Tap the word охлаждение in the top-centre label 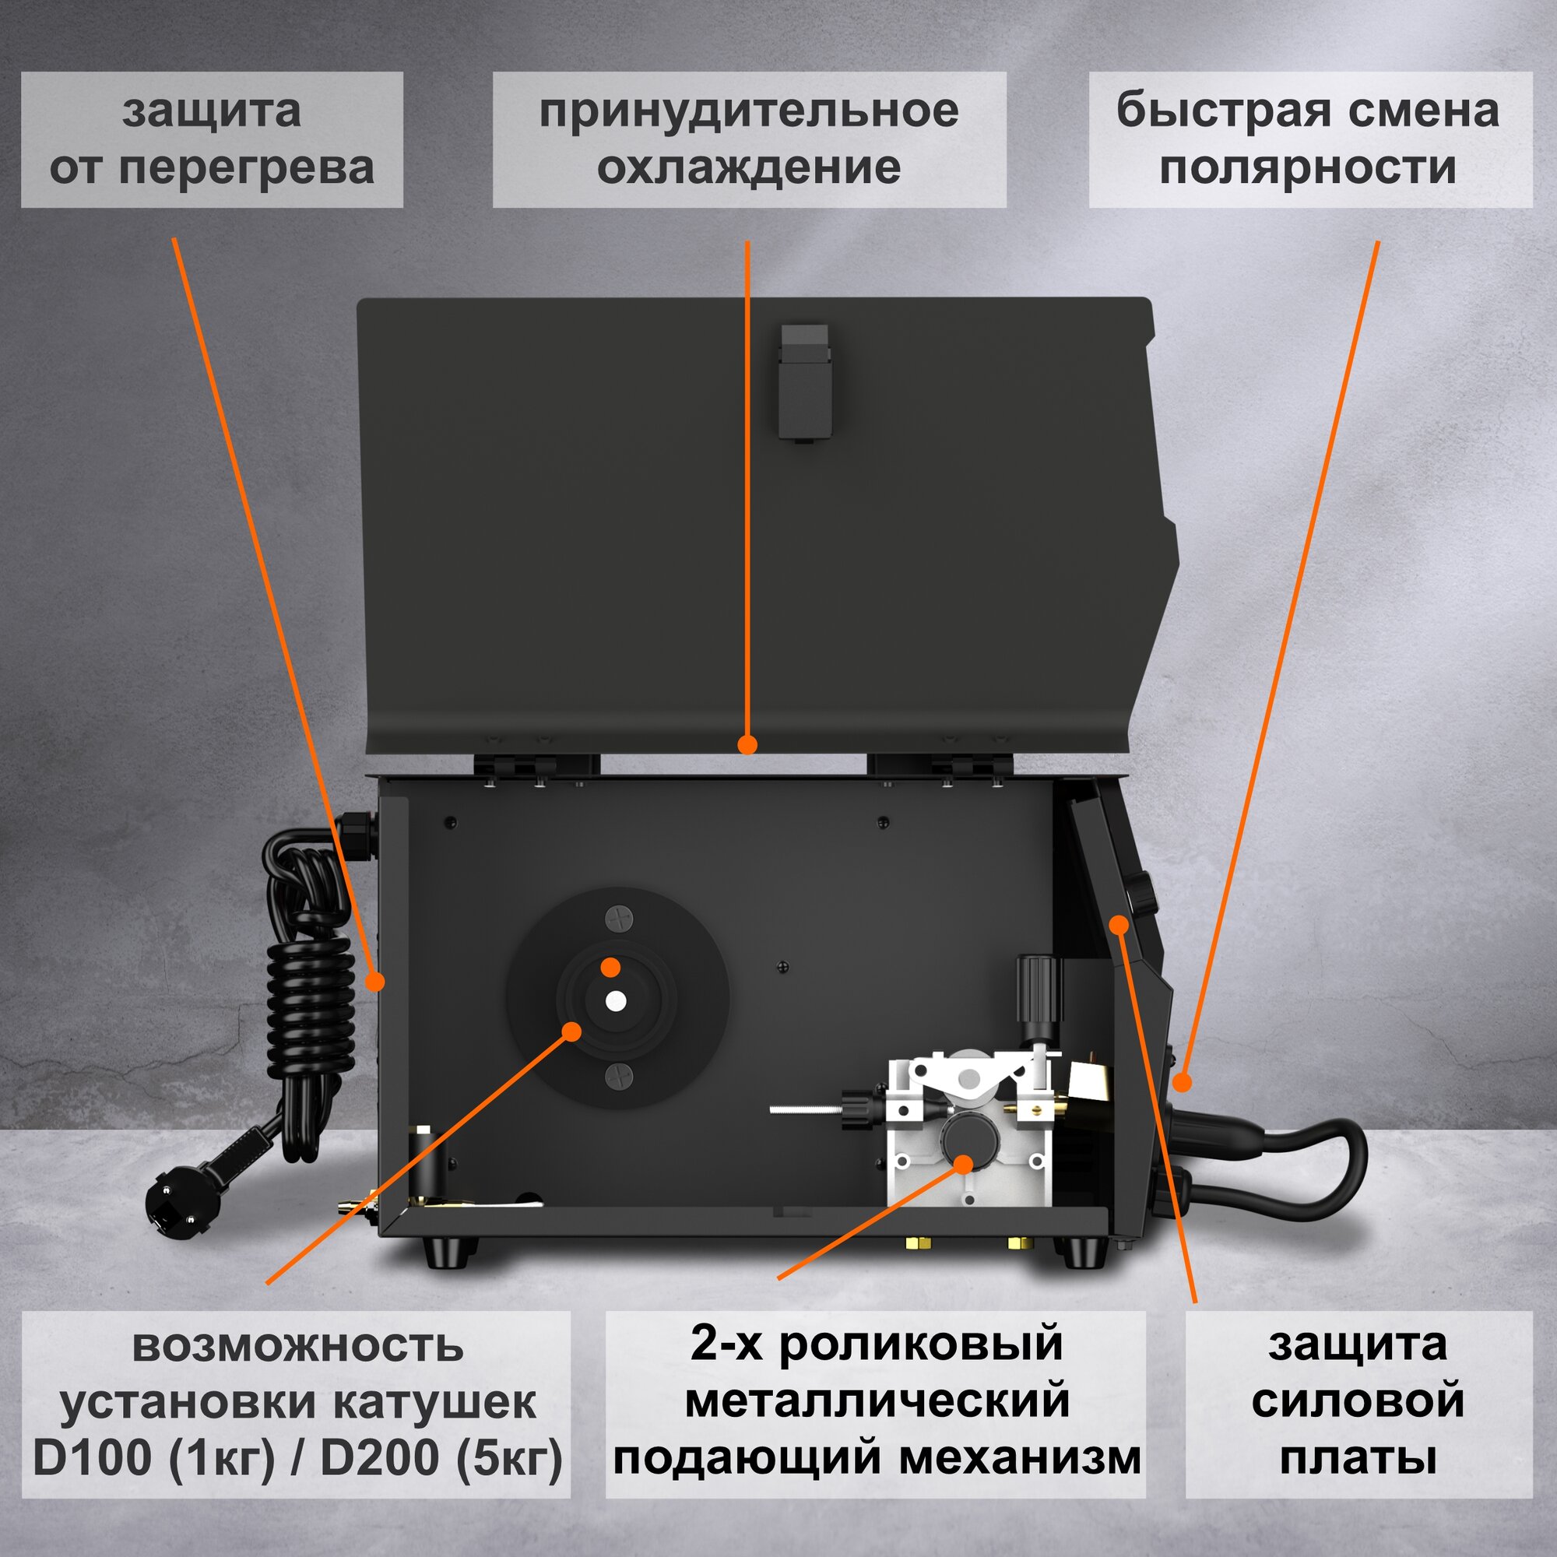[749, 167]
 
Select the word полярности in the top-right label [1309, 167]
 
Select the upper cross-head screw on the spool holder [619, 919]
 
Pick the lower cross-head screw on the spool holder [619, 1075]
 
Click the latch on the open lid [803, 381]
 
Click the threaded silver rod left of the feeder [805, 1109]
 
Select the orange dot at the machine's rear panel [374, 981]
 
